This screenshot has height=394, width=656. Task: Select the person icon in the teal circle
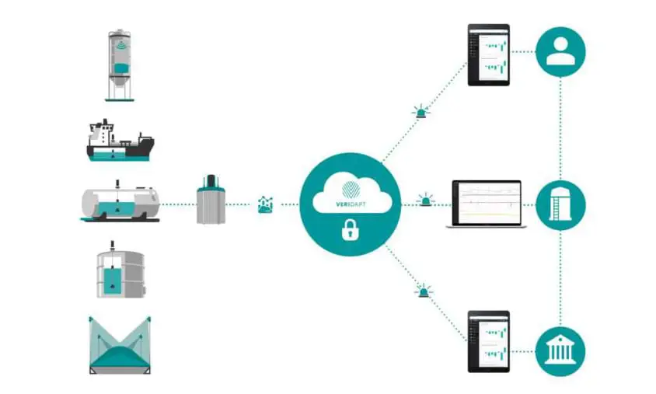560,52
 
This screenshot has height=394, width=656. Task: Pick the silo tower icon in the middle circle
560,204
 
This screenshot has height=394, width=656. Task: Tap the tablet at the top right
488,54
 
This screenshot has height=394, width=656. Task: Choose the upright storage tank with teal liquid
119,272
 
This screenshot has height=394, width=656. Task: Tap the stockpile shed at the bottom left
120,345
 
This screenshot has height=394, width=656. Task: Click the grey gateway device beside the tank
212,200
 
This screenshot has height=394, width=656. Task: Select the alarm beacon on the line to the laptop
425,200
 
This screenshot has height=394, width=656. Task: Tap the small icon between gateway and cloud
266,204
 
